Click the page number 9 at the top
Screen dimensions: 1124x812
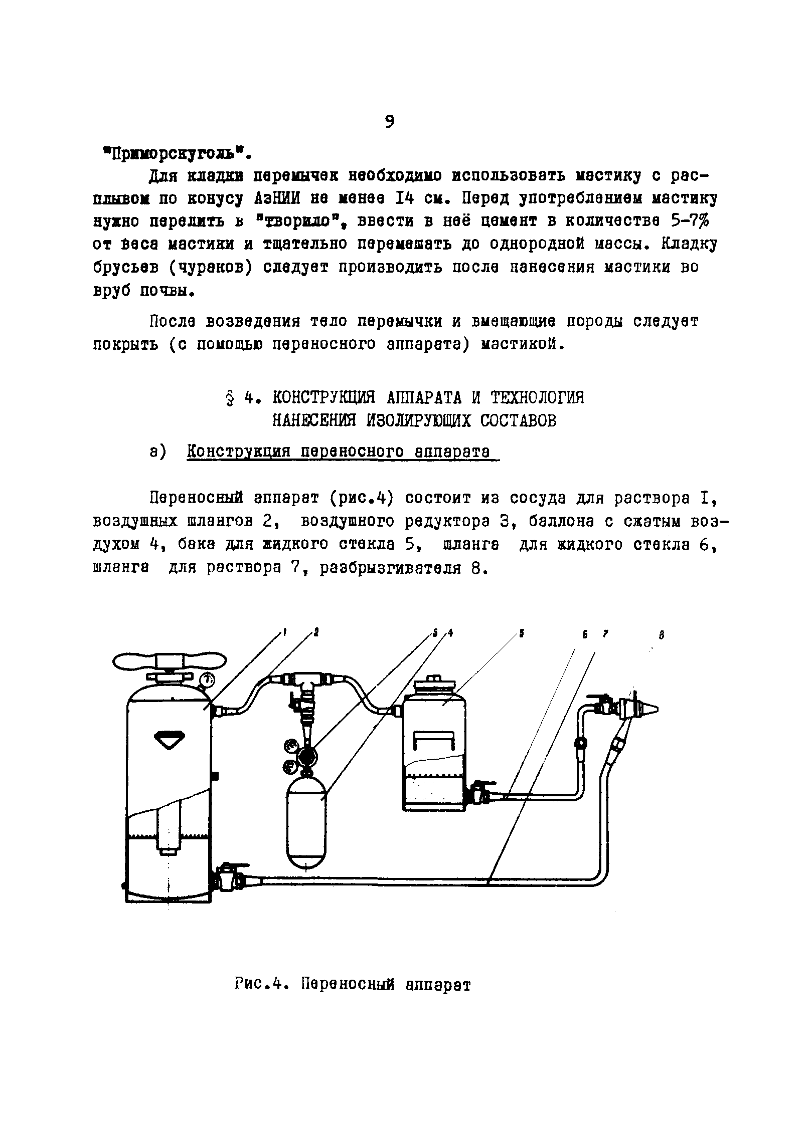pos(390,122)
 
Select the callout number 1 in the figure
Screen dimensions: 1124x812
pos(284,633)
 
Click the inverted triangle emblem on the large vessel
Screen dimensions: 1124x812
pos(169,740)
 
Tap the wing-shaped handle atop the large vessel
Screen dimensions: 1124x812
pos(169,662)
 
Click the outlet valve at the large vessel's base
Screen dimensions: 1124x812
pos(227,877)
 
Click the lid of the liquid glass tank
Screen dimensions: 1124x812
pos(434,685)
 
